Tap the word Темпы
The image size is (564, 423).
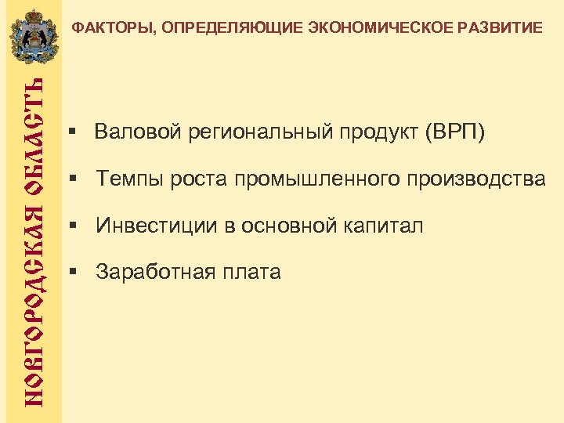pos(128,179)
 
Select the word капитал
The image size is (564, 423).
pos(383,226)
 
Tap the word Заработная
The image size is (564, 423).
pos(154,273)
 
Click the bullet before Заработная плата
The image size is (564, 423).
pos(72,272)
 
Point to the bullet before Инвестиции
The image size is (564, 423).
pos(72,226)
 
